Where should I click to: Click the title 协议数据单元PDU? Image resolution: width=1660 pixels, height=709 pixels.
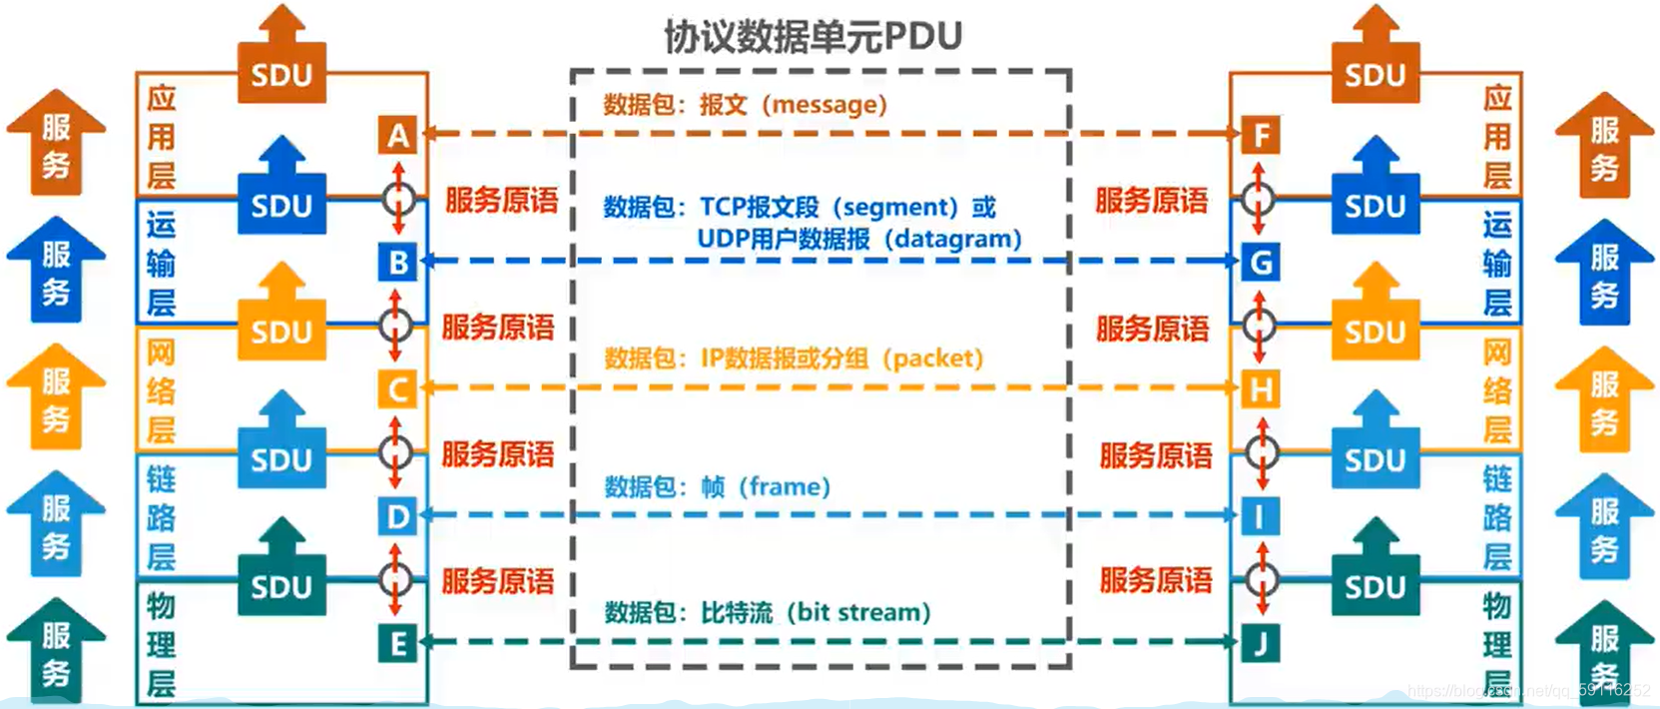(813, 37)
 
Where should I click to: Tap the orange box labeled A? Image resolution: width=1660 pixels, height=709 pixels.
(397, 135)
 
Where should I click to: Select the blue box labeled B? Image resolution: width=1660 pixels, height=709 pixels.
(397, 262)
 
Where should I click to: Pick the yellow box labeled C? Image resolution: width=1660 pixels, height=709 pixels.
(397, 388)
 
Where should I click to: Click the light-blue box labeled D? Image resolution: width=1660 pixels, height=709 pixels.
(397, 516)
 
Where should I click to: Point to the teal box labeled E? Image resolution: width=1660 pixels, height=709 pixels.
(397, 643)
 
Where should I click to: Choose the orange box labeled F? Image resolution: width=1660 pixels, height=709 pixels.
(1261, 135)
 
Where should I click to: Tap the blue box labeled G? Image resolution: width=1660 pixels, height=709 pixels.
(1261, 262)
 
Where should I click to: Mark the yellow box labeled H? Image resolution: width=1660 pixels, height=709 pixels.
(1261, 388)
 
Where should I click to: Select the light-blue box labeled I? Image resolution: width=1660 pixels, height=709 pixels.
(1261, 516)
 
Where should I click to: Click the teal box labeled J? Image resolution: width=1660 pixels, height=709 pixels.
(1261, 643)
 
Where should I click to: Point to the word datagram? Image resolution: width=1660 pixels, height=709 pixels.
(952, 240)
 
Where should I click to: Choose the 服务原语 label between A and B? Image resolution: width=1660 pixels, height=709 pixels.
(501, 200)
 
